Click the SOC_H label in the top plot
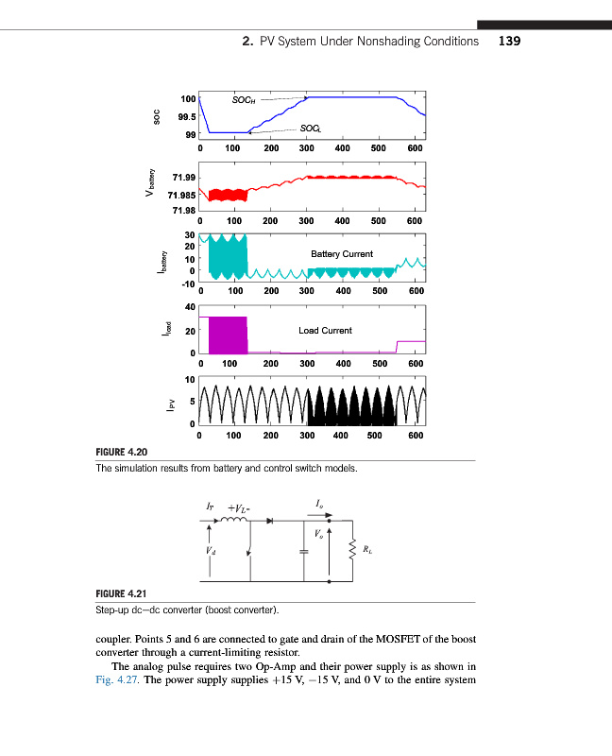[244, 98]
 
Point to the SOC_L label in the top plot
[310, 128]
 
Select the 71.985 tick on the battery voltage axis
[180, 194]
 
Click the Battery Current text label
[341, 253]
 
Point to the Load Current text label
[325, 331]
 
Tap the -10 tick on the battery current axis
[187, 283]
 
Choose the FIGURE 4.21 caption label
[125, 593]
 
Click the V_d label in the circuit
[210, 551]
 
